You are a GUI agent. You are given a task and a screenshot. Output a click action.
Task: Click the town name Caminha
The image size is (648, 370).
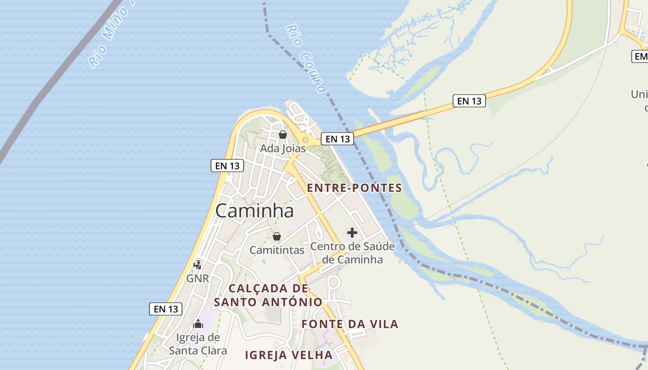point(255,211)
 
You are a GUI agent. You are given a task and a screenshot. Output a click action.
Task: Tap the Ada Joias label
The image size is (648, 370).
point(283,148)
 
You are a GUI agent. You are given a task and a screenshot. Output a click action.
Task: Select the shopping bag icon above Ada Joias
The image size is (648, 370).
point(283,135)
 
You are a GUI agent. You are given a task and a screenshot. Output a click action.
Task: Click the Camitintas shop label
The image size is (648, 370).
point(277,250)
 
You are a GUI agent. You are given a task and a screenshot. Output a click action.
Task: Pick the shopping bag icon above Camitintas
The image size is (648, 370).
point(277,236)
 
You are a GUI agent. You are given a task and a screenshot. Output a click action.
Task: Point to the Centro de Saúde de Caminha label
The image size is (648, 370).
point(353,253)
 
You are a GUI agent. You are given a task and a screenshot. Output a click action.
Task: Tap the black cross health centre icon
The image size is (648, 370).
point(352,233)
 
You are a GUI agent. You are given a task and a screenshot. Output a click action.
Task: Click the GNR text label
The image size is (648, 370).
point(198,279)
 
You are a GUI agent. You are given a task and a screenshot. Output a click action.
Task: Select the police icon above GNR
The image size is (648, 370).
point(198,265)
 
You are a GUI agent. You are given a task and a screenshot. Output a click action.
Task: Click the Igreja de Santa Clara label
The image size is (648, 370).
point(198,344)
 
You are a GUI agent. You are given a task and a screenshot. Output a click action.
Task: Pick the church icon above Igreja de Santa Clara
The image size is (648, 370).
point(198,324)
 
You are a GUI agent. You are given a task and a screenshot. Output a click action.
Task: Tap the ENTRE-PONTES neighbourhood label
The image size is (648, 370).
point(355,188)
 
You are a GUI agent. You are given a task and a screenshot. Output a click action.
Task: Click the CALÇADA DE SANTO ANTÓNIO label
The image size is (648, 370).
point(268,295)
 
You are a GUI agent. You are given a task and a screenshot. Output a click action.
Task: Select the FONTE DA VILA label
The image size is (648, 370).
point(350,324)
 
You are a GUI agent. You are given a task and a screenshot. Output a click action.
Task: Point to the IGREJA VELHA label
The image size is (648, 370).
point(288,355)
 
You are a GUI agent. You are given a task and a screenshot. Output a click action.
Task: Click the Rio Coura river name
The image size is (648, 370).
point(306,59)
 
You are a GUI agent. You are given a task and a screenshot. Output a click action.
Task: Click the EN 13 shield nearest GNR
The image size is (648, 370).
point(166,309)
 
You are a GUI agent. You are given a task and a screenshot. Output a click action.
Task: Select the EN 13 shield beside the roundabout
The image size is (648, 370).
point(337,138)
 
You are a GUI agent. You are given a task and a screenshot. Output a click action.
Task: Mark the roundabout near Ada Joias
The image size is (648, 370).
point(305,140)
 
